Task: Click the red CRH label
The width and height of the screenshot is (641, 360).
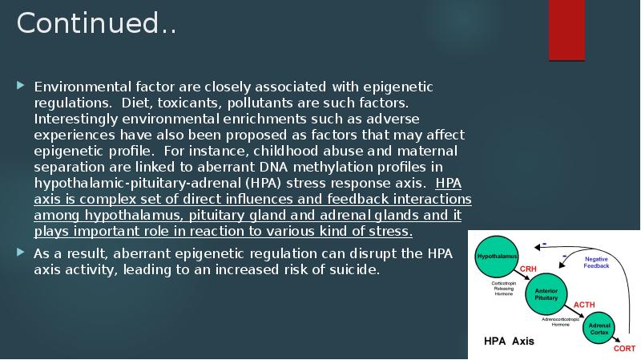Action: pyautogui.click(x=529, y=268)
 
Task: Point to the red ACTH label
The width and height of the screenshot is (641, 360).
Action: pyautogui.click(x=584, y=305)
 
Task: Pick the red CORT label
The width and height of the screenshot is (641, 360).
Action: pyautogui.click(x=624, y=349)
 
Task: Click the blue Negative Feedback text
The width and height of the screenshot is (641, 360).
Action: pyautogui.click(x=596, y=262)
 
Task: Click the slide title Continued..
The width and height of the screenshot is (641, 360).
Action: pyautogui.click(x=96, y=24)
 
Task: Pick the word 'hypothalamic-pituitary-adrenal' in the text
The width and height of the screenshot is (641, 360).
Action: pyautogui.click(x=128, y=183)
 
